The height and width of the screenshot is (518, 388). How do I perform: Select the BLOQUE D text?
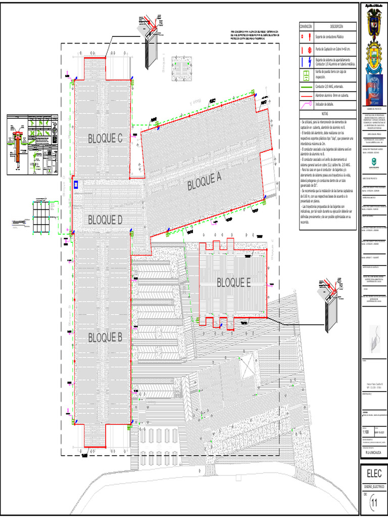coord(105,220)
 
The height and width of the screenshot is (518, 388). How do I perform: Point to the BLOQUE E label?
coord(234,283)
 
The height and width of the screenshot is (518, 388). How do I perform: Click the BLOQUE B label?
coord(105,338)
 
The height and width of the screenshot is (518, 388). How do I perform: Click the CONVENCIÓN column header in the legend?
coord(306,26)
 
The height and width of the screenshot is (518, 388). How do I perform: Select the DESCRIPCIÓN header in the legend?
coord(336,26)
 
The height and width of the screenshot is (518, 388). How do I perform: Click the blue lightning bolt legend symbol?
coord(306,62)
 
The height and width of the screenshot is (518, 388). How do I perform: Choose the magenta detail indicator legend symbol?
coord(306,105)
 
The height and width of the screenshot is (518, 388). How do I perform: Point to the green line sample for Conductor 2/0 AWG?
coord(306,87)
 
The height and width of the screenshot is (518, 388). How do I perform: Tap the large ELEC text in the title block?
coord(374,473)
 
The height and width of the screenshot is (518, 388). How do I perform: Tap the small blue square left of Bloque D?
coord(76,185)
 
